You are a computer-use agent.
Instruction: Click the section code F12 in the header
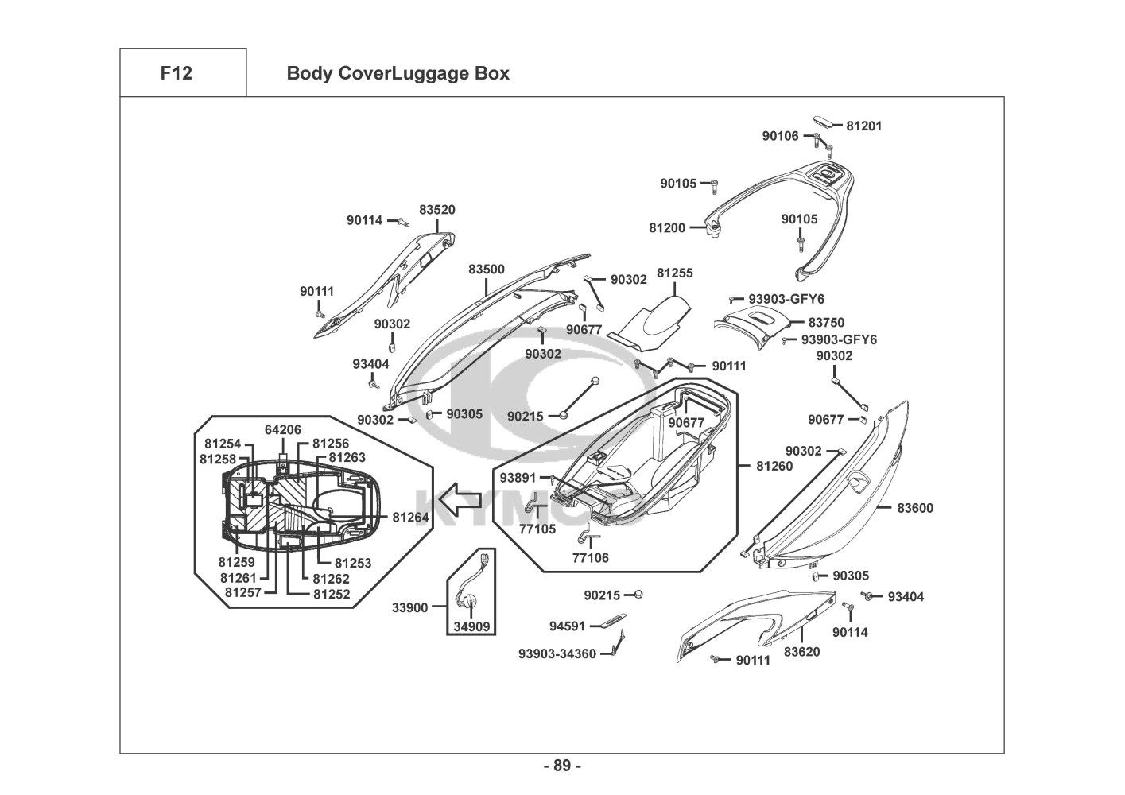click(x=176, y=73)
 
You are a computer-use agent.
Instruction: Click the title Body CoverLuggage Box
click(x=398, y=74)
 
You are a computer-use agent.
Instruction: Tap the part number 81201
click(x=863, y=126)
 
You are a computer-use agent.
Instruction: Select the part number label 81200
click(x=666, y=227)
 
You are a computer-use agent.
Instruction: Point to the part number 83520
click(x=437, y=210)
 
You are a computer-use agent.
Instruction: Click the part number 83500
click(x=486, y=270)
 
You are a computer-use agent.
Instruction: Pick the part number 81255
click(x=674, y=273)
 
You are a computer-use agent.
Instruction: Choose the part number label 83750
click(x=826, y=323)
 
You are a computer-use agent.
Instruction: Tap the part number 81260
click(x=775, y=467)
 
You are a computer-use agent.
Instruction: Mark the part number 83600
click(x=915, y=508)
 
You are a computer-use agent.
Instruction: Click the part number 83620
click(x=801, y=652)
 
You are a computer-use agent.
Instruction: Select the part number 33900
click(x=410, y=608)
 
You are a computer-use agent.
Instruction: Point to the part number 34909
click(x=472, y=626)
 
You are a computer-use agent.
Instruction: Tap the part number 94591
click(x=566, y=626)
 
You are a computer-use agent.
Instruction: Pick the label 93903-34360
click(x=557, y=653)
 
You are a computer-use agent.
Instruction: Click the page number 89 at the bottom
click(x=562, y=766)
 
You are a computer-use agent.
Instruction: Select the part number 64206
click(x=282, y=430)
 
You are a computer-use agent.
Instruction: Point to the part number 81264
click(x=410, y=518)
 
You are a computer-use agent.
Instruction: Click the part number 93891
click(x=517, y=478)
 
